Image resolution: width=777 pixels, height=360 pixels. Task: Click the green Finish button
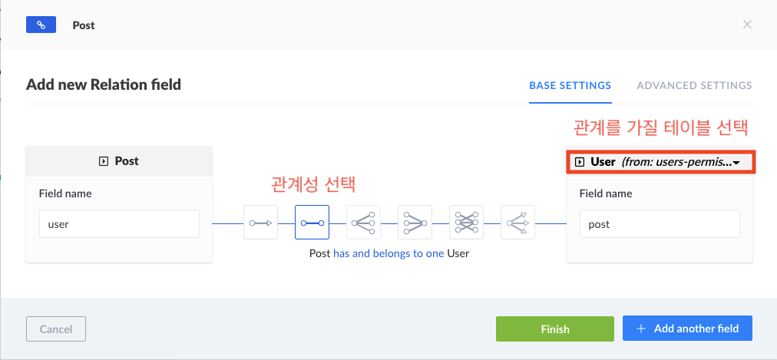(554, 329)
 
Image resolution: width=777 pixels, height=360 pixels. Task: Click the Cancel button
(55, 329)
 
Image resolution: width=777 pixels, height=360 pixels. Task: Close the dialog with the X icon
(747, 25)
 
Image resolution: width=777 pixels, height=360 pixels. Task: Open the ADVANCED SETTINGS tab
(694, 85)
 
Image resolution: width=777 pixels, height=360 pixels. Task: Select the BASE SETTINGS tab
(570, 85)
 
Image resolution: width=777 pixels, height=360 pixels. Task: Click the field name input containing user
(119, 223)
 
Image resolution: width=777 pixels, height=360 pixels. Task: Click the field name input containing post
(660, 223)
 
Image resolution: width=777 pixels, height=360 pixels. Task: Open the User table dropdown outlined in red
(660, 162)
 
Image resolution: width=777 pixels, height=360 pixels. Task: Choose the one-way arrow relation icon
(260, 223)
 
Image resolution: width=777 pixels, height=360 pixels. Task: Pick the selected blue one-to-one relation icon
(312, 223)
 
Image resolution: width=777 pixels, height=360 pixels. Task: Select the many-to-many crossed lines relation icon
(466, 223)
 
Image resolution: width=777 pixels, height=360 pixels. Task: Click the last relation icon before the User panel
(517, 223)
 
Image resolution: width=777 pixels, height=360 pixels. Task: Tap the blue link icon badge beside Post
(41, 25)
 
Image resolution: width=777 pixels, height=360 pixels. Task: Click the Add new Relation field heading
(104, 84)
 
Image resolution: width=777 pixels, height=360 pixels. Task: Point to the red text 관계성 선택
(313, 184)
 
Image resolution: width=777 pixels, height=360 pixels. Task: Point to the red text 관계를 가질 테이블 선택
(660, 126)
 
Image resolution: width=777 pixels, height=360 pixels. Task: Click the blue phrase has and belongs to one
(388, 253)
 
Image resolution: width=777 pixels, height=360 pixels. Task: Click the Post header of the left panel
(119, 161)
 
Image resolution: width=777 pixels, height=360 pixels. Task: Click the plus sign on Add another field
(640, 329)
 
